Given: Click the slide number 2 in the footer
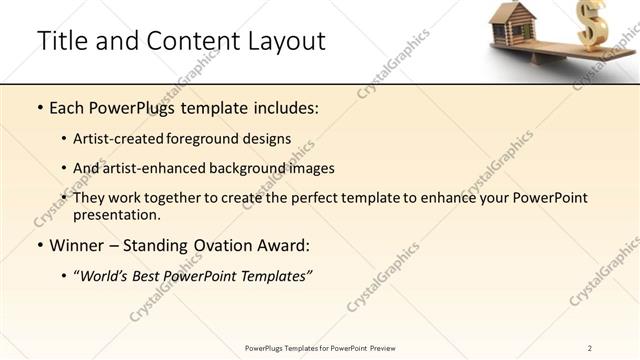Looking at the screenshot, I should pos(590,348).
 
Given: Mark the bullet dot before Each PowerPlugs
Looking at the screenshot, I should pos(39,108).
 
